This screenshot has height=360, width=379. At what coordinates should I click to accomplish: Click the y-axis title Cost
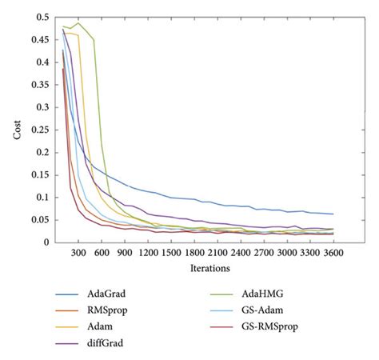coord(17,127)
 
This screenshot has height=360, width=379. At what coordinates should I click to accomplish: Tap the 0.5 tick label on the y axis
coord(42,17)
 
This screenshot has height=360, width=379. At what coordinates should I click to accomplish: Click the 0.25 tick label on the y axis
coord(39,130)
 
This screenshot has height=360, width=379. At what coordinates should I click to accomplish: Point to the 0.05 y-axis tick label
coord(39,220)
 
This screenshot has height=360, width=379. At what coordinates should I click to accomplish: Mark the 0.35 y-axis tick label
coord(39,85)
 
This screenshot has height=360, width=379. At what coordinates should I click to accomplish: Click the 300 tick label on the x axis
coord(78,252)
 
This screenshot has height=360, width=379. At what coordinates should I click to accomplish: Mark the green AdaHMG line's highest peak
coord(78,23)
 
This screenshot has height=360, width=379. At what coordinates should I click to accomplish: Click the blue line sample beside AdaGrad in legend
coord(70,294)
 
